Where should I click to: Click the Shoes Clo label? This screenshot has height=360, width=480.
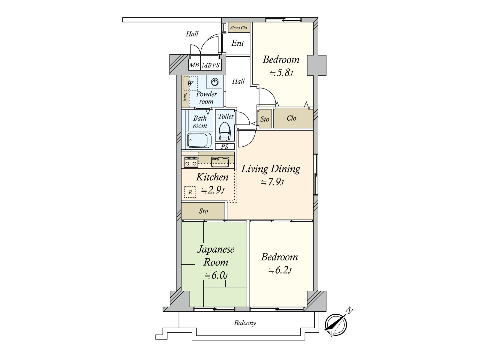click(x=238, y=28)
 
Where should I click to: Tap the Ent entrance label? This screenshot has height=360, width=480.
click(x=238, y=43)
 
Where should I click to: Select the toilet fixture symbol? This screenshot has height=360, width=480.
click(x=225, y=131)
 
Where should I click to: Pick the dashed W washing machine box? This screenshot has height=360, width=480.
click(x=190, y=83)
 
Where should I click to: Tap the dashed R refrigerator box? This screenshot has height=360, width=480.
click(x=190, y=192)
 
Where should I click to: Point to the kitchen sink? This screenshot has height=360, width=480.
click(x=220, y=162)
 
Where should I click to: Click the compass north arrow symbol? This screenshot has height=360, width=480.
click(x=336, y=325)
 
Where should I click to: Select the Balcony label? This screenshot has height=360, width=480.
click(x=245, y=323)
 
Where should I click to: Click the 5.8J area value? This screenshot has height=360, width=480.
click(x=281, y=73)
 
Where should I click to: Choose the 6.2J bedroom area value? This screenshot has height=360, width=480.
click(x=280, y=271)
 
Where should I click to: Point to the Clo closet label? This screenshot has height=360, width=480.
click(x=291, y=118)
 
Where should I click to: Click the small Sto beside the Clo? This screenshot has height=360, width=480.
click(x=265, y=119)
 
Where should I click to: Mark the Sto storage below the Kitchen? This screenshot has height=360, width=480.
click(x=203, y=211)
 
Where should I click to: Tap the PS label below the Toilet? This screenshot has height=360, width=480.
click(x=225, y=147)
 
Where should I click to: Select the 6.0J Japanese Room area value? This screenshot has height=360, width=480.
click(x=216, y=276)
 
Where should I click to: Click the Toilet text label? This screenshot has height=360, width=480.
click(x=226, y=116)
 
